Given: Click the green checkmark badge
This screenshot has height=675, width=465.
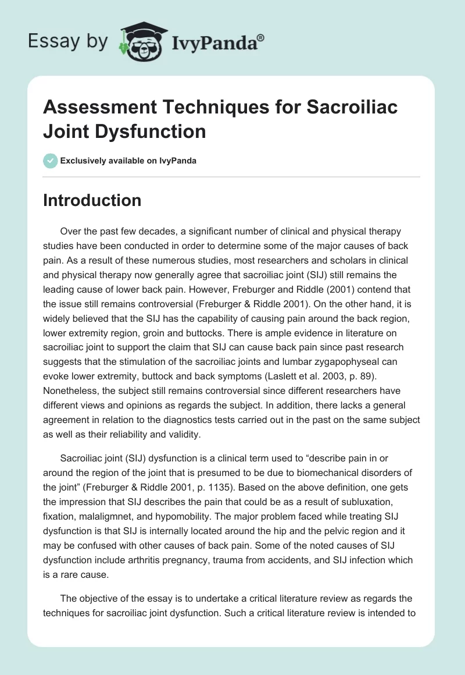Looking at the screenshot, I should point(51,161).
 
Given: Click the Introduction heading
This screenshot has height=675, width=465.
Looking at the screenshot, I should point(92,200).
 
